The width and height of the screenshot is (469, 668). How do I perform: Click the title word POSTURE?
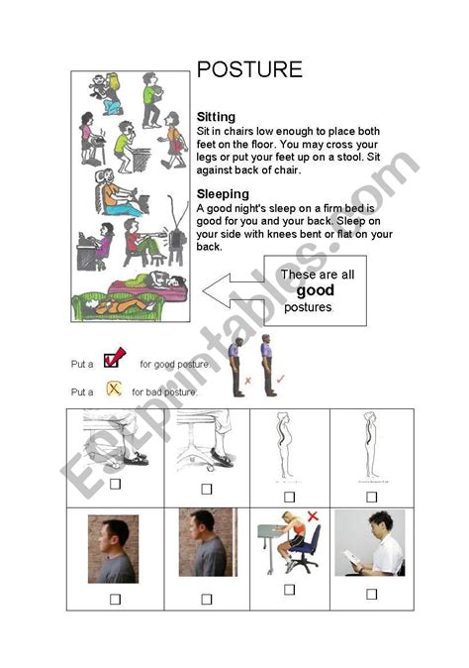point(249,70)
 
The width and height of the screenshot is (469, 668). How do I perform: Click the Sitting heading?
point(217,117)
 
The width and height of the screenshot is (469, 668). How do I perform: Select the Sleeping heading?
point(223,194)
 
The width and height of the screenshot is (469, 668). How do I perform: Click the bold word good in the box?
point(316,290)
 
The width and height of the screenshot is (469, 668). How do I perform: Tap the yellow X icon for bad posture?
point(113,390)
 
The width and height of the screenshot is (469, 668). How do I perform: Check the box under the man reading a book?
point(371,594)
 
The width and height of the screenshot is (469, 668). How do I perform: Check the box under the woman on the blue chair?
point(289,589)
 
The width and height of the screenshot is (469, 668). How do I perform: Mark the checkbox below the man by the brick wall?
point(207,599)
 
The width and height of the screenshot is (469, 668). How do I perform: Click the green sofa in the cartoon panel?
point(129,296)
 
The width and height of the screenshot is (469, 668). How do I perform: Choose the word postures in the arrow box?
point(308,307)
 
